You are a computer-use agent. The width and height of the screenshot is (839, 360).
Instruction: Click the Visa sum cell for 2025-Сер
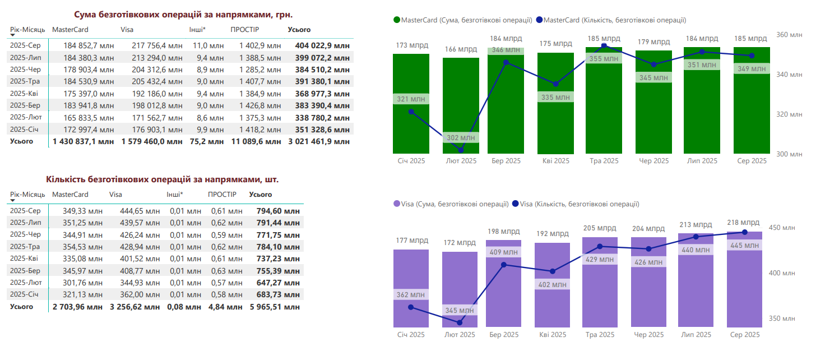pos(156,46)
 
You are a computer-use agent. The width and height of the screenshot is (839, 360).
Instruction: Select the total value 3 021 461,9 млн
pos(318,142)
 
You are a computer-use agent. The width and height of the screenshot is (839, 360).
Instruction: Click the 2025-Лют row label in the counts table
pos(26,283)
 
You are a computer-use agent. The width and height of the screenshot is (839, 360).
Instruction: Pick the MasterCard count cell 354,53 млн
pos(77,247)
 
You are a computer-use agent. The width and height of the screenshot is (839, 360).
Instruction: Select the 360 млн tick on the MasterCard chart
pos(789,35)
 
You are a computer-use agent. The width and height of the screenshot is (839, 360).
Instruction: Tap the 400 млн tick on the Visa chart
pos(782,273)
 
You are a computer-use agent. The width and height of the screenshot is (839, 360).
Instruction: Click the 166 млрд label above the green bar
pos(460,49)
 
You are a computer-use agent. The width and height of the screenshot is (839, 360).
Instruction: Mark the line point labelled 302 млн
pos(461,150)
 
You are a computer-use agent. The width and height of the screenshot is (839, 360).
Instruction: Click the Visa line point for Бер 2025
pos(503,264)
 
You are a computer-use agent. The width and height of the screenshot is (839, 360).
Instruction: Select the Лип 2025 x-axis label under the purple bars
pos(696,335)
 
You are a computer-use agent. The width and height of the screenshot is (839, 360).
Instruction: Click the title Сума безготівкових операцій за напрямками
pos(184,15)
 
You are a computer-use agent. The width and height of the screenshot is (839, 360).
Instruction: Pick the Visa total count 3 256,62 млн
pos(135,307)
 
